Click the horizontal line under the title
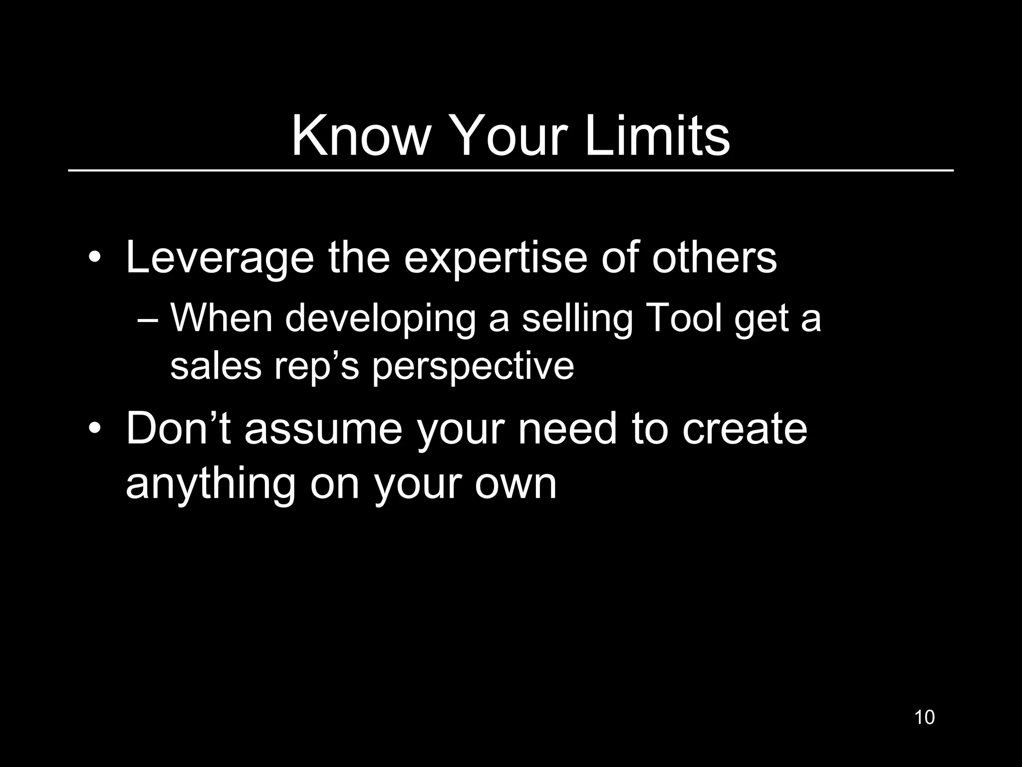tap(511, 171)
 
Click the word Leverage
tap(220, 259)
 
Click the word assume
tap(323, 429)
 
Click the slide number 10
tap(924, 717)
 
